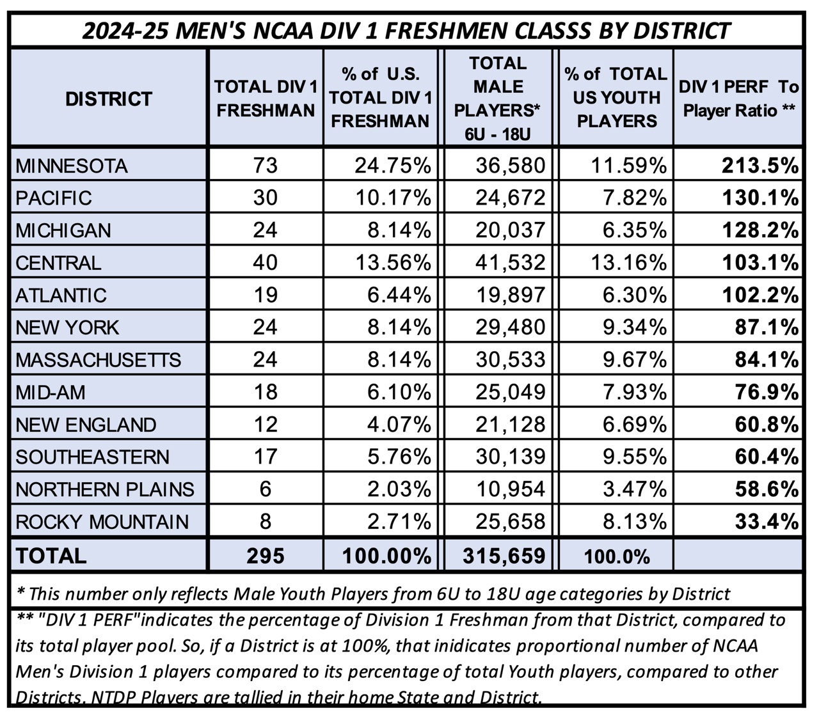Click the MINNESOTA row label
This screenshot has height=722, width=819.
[x=72, y=166]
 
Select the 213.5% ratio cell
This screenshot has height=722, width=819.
[x=760, y=166]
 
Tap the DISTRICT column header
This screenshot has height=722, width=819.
[x=109, y=99]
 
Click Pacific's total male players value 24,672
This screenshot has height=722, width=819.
[x=510, y=198]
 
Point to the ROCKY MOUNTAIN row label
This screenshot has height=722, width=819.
[x=102, y=522]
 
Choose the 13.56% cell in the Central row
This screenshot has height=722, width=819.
[x=393, y=263]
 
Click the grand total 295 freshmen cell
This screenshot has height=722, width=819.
[x=265, y=556]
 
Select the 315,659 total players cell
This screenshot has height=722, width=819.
[x=504, y=556]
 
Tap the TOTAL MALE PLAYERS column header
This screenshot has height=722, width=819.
[x=497, y=98]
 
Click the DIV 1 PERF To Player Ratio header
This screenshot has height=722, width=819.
[x=738, y=98]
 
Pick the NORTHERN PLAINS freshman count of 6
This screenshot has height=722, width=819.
[x=265, y=489]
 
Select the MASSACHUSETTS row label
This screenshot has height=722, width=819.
[x=99, y=360]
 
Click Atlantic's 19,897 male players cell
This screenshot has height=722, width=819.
[x=510, y=295]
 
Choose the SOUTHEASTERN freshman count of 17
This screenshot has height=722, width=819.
[x=265, y=457]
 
